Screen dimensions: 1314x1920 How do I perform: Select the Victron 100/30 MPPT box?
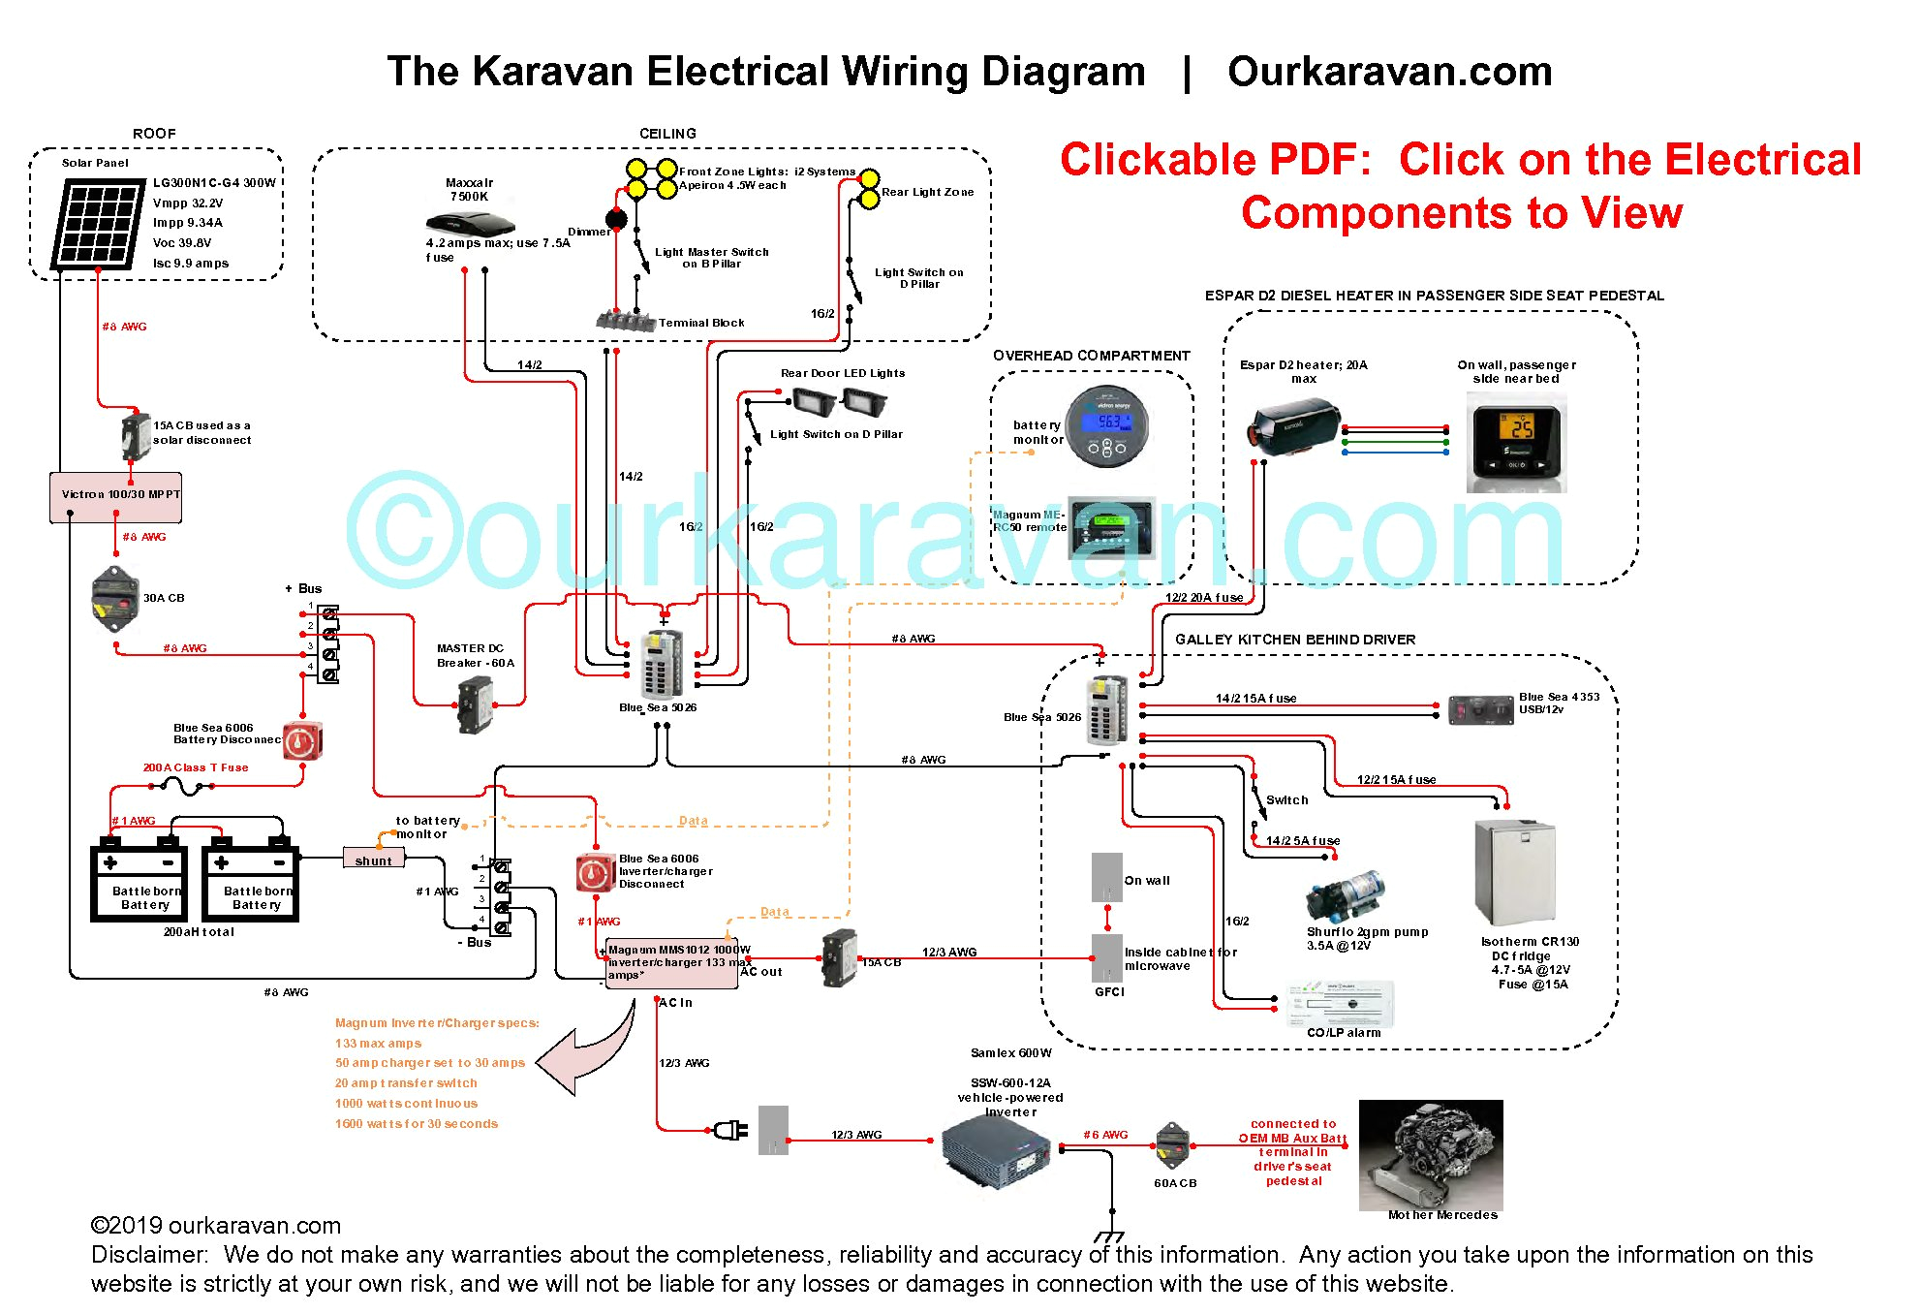116,495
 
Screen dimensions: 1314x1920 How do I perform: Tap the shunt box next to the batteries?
373,859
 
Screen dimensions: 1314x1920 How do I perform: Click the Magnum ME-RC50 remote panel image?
1112,528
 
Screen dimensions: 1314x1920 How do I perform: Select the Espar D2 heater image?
1292,428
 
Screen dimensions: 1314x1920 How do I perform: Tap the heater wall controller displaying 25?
1516,441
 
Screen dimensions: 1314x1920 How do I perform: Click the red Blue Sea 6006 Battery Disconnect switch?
303,742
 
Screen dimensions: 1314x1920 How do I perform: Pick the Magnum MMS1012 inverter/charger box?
672,962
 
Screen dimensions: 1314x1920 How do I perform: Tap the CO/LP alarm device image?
1341,1005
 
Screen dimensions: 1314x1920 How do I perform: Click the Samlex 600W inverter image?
997,1150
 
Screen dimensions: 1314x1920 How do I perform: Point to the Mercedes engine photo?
1431,1153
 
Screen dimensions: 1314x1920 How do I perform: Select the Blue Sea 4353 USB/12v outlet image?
1480,709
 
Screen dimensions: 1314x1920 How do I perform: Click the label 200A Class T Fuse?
196,767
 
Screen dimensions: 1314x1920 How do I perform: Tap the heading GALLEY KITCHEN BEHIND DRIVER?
1295,640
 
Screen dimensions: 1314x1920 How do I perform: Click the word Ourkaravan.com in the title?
1389,73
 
